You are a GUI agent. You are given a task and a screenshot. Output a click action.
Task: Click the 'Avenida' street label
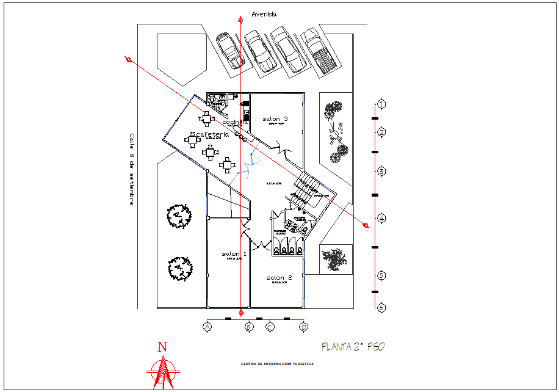[264, 14]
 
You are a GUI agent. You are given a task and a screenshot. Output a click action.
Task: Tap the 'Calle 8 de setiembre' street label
[131, 169]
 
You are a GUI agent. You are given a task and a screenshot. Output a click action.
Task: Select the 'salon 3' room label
[275, 118]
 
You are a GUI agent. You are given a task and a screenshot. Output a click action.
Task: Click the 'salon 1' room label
[234, 253]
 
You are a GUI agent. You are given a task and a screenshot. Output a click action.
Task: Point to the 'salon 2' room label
[279, 278]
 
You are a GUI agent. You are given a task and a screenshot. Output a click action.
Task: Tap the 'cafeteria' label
[212, 134]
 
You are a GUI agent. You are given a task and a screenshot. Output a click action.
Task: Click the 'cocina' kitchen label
[235, 122]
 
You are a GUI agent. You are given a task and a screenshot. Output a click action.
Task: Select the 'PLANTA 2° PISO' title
[353, 347]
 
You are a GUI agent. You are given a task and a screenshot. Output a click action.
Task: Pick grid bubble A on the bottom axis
[207, 327]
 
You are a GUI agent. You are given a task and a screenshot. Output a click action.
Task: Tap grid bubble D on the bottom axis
[304, 327]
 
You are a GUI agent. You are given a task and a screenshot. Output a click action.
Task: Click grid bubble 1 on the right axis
[381, 104]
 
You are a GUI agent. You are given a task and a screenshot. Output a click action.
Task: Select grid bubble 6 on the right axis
[381, 308]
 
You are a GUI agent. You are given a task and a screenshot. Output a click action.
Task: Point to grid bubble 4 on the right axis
[381, 218]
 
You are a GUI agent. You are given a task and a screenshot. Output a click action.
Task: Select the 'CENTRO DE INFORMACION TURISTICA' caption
[278, 363]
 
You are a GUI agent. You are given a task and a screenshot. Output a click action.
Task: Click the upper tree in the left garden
[178, 216]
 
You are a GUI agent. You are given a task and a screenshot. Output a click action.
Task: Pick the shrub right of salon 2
[334, 259]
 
